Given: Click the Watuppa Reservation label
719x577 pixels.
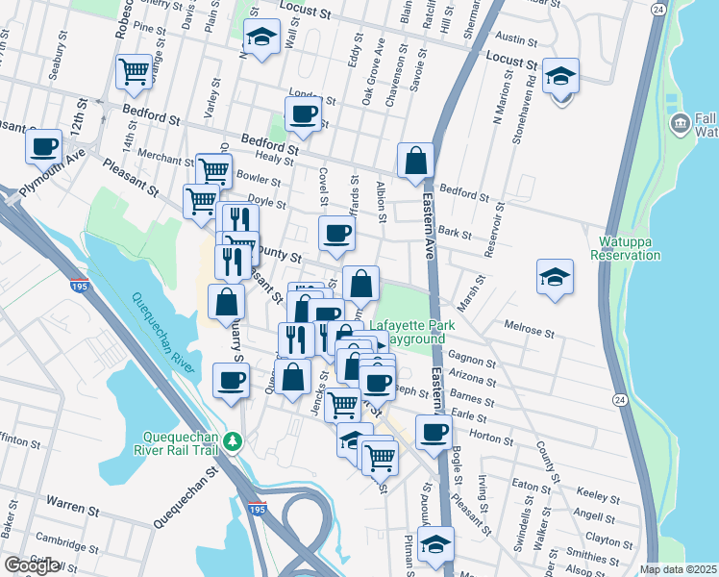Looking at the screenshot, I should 630,248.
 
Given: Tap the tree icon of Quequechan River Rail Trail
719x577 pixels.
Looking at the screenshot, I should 232,441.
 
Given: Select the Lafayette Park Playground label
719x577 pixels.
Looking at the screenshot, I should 408,332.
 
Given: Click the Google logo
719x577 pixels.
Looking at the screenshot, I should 31,565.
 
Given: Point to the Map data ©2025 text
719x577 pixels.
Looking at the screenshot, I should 679,569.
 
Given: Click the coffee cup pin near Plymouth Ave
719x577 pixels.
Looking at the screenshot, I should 44,149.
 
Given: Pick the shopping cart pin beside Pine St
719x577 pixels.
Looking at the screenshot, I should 135,71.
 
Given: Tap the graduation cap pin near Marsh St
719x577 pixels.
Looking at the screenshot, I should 555,277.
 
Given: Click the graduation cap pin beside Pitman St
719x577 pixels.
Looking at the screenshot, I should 435,544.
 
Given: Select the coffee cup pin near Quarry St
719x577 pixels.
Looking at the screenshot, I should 231,381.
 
